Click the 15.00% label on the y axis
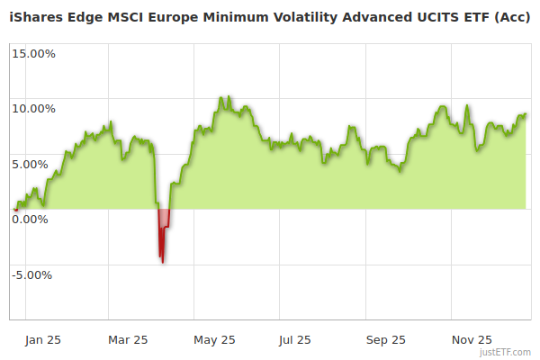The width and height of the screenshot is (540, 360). point(33,53)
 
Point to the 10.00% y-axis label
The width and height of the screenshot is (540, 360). point(33,109)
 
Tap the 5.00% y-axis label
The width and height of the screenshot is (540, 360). point(36,164)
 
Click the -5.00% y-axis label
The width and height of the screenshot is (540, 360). point(33,274)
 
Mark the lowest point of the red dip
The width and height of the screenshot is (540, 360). point(163,262)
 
